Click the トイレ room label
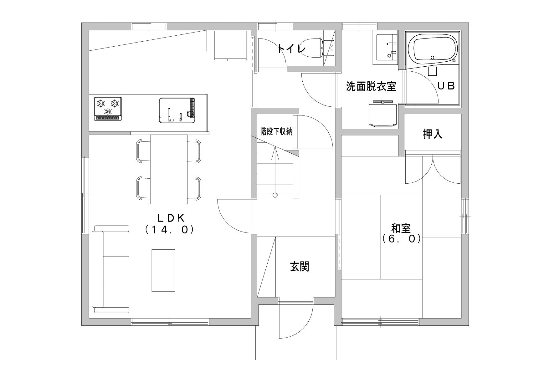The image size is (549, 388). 291,49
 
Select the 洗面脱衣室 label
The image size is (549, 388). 371,86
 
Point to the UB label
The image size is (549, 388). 446,86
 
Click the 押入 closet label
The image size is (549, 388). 433,134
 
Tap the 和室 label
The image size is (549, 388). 401,228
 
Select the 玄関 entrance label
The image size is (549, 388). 300,266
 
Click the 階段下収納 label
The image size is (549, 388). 276,132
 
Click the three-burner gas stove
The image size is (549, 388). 108,108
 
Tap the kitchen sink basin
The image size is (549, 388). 177,110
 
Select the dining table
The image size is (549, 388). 169,169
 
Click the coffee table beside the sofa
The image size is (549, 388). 163,270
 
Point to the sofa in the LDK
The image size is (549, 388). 111,269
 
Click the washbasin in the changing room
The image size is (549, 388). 387,48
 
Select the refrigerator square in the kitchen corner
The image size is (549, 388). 231,45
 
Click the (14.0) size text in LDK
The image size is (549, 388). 170,230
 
